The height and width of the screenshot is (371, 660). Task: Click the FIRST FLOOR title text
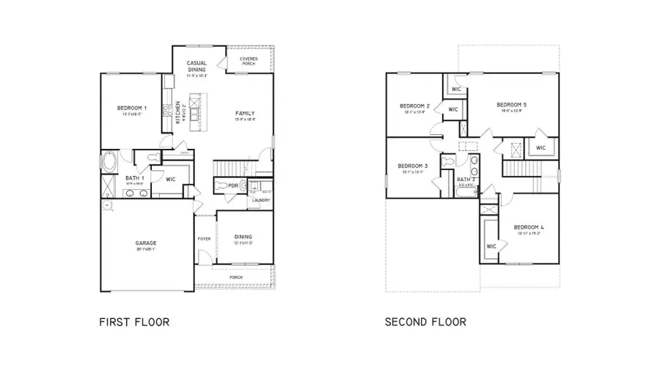(134, 321)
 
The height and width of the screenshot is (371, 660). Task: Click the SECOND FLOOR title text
(425, 321)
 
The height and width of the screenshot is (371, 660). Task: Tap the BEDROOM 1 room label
(132, 109)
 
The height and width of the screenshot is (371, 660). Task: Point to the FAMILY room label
(245, 113)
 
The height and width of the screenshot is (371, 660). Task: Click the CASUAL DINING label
(197, 66)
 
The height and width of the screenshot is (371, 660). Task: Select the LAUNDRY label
(261, 200)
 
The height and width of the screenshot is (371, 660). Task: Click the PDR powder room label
(233, 185)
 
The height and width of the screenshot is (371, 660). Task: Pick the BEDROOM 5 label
(511, 104)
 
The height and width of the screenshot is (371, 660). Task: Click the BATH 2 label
(467, 179)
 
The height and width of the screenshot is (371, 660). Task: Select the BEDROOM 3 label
(413, 166)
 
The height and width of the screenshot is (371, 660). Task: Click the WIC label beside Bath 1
(170, 178)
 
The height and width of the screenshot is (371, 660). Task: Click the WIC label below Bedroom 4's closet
(491, 246)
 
